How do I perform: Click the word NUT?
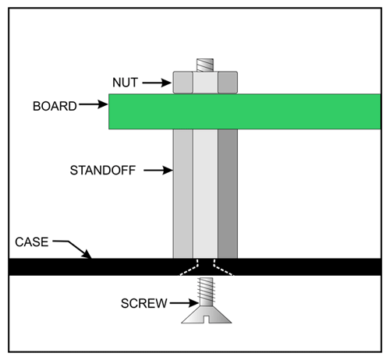(x=125, y=83)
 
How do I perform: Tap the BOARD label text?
(x=55, y=106)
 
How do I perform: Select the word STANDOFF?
(x=103, y=171)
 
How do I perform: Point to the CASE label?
(x=32, y=242)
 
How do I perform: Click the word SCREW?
(x=144, y=303)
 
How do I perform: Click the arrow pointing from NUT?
(x=157, y=83)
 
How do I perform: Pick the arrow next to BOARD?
(x=94, y=104)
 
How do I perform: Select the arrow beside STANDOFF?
(x=158, y=171)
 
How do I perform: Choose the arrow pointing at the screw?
(x=184, y=303)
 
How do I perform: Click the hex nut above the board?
(x=205, y=83)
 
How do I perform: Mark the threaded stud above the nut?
(x=205, y=65)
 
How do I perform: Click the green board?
(x=245, y=111)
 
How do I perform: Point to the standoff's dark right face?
(x=228, y=193)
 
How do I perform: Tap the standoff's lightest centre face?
(x=205, y=193)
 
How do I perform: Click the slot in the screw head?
(x=207, y=319)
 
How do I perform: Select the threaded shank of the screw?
(x=206, y=291)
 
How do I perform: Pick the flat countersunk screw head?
(x=207, y=315)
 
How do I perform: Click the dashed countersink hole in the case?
(x=206, y=267)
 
